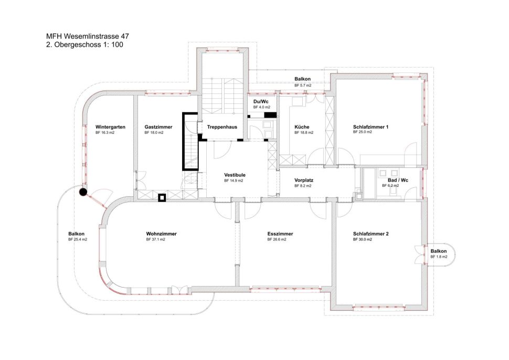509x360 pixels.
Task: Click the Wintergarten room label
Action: [x=110, y=127]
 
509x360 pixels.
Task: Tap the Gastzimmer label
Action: [x=158, y=127]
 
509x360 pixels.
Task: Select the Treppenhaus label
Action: [x=222, y=127]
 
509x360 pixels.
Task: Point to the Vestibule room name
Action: [x=235, y=175]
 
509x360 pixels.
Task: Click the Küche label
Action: [x=302, y=127]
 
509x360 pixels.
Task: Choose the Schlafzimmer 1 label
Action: [x=370, y=127]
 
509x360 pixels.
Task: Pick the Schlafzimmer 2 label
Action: [x=370, y=234]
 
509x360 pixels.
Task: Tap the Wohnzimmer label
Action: [x=161, y=234]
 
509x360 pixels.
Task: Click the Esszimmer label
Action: [x=280, y=234]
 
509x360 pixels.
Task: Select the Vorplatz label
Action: [x=304, y=180]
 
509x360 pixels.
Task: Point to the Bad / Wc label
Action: [x=398, y=180]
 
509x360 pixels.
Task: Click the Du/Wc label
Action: [x=261, y=102]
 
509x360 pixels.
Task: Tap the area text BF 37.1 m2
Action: [x=155, y=240]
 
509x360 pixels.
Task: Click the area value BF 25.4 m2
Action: [x=78, y=240]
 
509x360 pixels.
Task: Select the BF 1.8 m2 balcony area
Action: [x=439, y=257]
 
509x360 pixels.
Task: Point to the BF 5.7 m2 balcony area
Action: [x=303, y=86]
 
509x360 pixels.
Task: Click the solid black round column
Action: [x=83, y=192]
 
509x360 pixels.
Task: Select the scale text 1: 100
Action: [x=113, y=45]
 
